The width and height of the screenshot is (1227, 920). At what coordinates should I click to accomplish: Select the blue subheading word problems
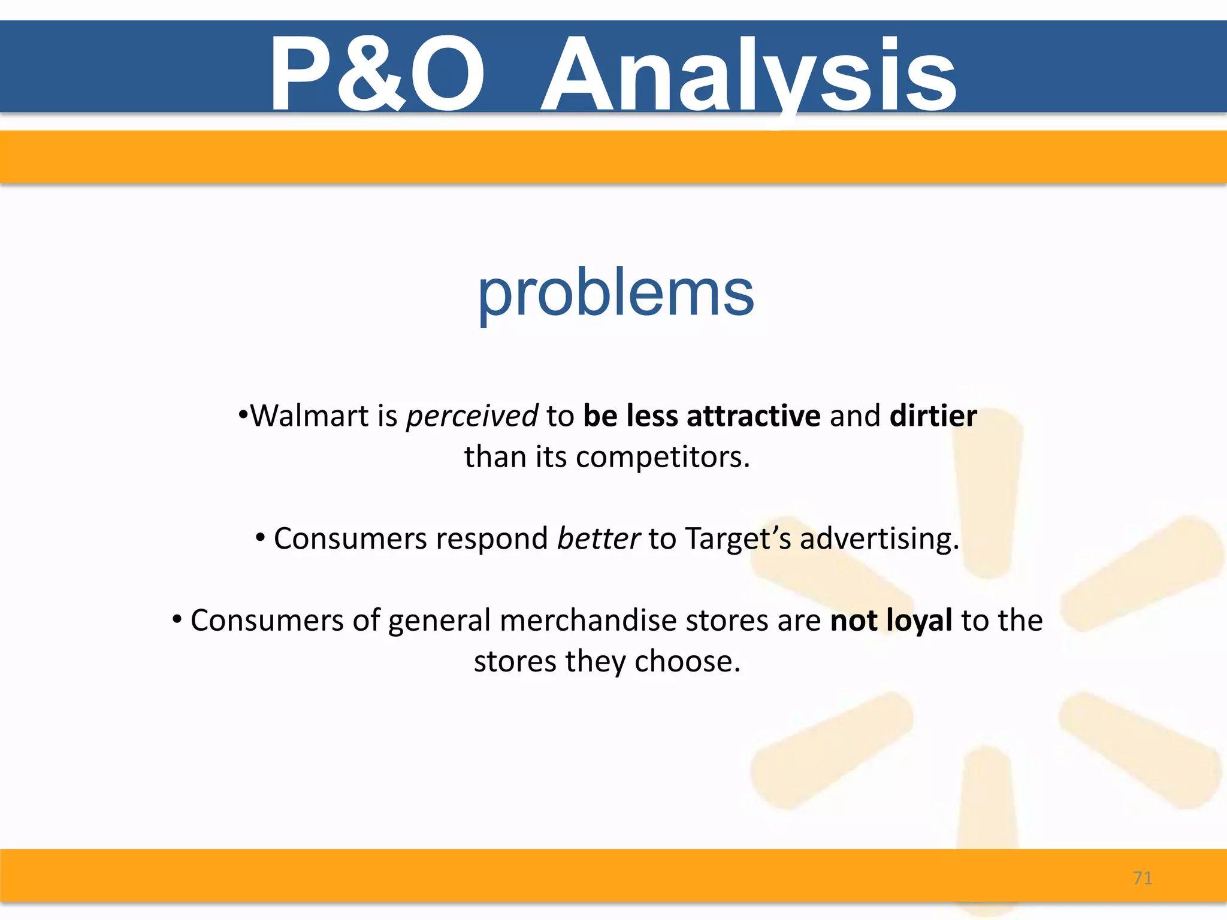tap(615, 293)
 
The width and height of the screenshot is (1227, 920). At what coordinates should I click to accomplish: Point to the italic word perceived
tap(472, 417)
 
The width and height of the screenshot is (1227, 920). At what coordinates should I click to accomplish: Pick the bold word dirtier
tap(933, 416)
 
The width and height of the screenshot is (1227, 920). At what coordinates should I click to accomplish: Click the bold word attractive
tap(753, 416)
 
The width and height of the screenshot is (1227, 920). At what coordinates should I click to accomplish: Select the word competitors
tap(662, 458)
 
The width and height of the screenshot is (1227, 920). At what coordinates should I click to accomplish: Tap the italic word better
tap(598, 538)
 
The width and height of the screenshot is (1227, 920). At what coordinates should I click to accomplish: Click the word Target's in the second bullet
tap(738, 540)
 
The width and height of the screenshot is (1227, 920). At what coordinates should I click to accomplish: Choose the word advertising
tap(879, 540)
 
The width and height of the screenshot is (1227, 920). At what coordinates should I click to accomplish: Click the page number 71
tap(1143, 878)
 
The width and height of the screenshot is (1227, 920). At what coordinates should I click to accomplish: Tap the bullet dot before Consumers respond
tap(260, 537)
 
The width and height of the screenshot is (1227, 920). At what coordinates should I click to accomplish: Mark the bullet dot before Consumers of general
tap(177, 619)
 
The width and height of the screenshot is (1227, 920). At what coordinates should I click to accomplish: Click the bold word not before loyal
tap(853, 621)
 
